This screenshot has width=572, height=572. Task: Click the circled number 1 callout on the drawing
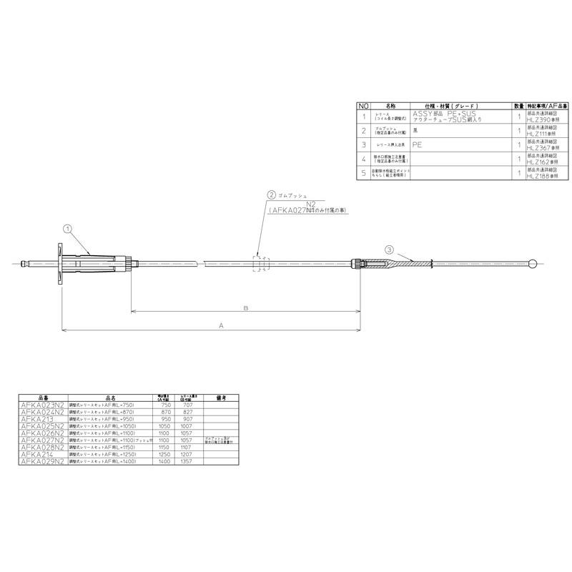(68, 230)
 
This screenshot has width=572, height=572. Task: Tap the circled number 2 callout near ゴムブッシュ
(272, 194)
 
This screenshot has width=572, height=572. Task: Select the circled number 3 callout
(388, 250)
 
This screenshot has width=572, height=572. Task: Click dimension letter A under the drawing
(221, 325)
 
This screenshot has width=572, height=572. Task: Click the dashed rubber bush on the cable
(260, 265)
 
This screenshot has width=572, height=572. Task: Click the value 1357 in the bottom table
(188, 461)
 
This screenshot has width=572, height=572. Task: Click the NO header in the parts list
(364, 104)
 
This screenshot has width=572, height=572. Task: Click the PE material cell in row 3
(418, 144)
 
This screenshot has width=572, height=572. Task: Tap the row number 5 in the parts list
(364, 172)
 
